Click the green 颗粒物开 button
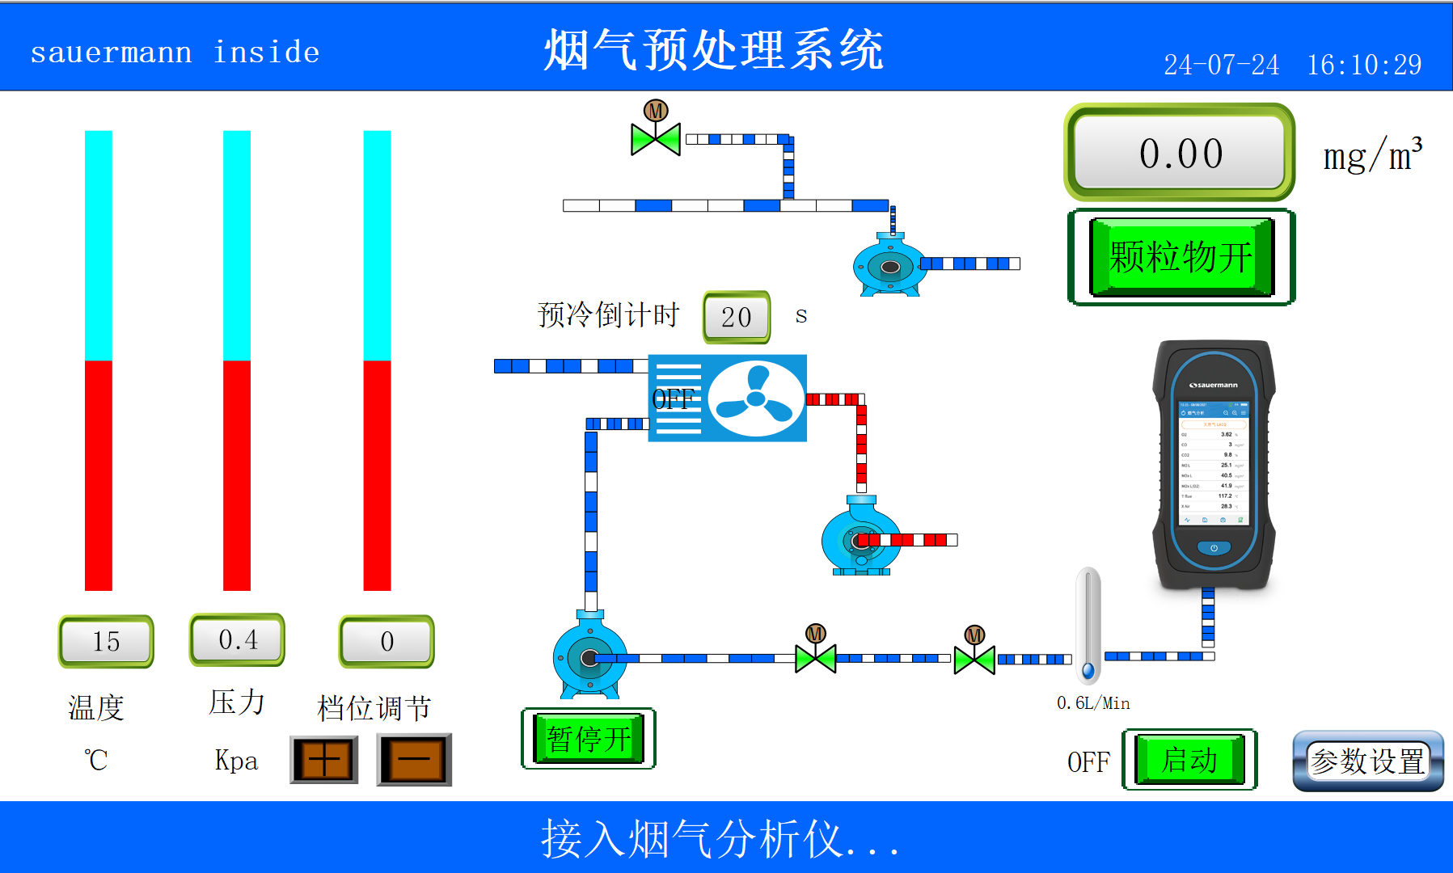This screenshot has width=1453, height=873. coord(1181,257)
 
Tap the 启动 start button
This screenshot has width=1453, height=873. coord(1189,760)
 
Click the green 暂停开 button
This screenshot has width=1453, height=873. coord(588,739)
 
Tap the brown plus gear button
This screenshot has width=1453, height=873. coord(323,760)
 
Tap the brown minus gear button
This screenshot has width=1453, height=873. coord(414,760)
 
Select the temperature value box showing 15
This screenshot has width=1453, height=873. coord(106,641)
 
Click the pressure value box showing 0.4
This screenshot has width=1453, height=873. coord(237,639)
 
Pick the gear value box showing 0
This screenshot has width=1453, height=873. coord(386,641)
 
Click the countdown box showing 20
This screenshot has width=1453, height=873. coord(736,317)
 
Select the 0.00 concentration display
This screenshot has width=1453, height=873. coord(1180,153)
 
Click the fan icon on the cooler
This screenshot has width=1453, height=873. coord(755,399)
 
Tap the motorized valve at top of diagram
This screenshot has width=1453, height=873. coord(656,137)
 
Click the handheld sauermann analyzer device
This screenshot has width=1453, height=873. coord(1213,465)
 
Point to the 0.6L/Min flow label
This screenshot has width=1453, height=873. coord(1093,703)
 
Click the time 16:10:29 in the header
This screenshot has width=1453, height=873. coord(1364,65)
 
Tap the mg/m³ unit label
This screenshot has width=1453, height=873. coord(1372,155)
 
